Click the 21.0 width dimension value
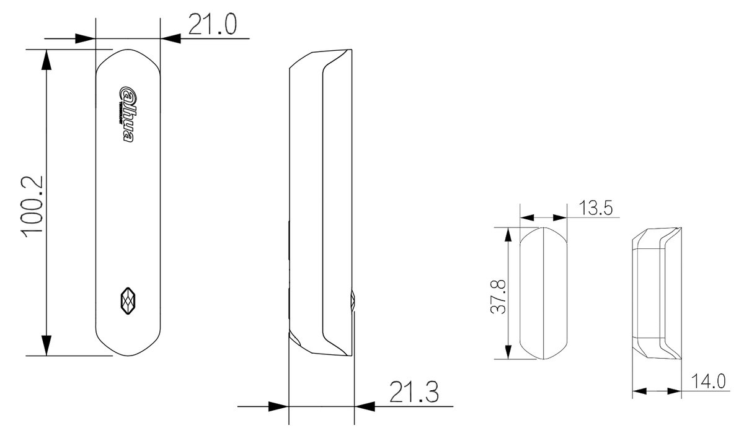[x=213, y=24]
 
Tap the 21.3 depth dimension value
[x=414, y=391]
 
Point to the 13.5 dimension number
[x=596, y=208]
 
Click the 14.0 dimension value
[x=709, y=381]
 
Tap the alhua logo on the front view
[x=127, y=115]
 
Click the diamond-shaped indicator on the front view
[x=128, y=300]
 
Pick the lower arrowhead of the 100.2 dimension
[x=46, y=346]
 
